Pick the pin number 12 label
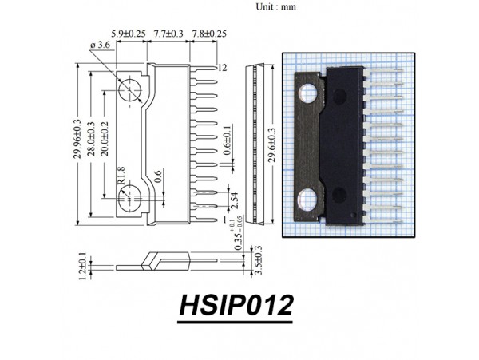pos(223,68)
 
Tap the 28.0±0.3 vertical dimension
pos(90,144)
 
